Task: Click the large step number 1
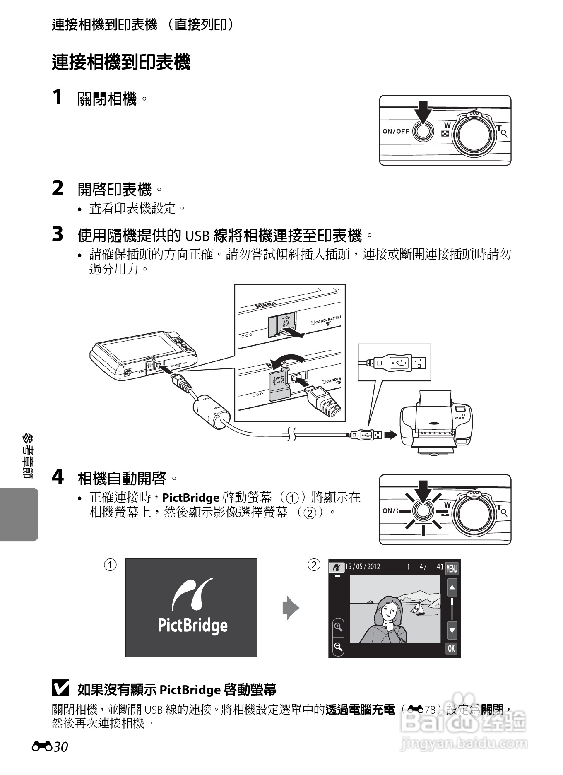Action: coord(57,98)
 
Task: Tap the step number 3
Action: coord(58,234)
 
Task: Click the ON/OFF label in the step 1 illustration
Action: coord(395,131)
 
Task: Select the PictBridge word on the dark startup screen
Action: coord(192,625)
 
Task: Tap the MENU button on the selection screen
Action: coord(451,569)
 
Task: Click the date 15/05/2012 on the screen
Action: coord(363,567)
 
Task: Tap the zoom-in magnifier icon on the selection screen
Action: coord(338,627)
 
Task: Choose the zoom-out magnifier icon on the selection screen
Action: coord(338,647)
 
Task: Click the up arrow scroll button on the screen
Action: coord(452,587)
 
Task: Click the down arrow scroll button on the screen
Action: coord(452,631)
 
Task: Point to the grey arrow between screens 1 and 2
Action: coord(291,608)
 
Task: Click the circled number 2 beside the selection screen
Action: coord(314,565)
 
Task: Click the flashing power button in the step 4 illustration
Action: coord(423,510)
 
